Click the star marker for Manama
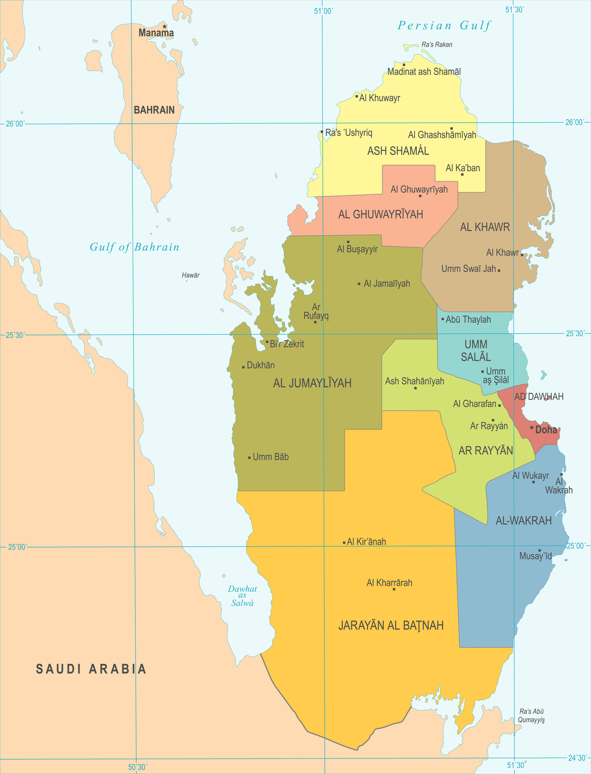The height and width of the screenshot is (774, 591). (164, 27)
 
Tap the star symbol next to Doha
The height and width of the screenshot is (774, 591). (532, 428)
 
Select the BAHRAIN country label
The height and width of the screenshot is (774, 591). (154, 110)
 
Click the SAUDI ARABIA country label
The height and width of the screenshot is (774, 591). (91, 669)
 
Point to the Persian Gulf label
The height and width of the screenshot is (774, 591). (444, 25)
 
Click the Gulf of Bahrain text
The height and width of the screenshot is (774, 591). (134, 247)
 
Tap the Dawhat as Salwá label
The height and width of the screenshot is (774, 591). (242, 595)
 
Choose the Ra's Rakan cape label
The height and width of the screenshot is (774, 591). (437, 44)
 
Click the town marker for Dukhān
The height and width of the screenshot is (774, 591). (243, 367)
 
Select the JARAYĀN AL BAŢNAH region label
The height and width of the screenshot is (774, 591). (390, 625)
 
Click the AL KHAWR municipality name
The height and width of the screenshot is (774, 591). (485, 227)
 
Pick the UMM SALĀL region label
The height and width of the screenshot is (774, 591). (476, 351)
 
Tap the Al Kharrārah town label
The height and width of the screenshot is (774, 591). (389, 583)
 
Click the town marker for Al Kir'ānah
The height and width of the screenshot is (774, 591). (344, 543)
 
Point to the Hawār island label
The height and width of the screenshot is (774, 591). (190, 275)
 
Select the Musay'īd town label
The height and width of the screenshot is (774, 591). (536, 556)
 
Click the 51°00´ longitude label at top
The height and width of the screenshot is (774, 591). (323, 11)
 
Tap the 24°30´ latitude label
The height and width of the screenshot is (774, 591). (577, 758)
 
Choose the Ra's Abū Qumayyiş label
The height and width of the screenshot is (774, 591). (531, 715)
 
